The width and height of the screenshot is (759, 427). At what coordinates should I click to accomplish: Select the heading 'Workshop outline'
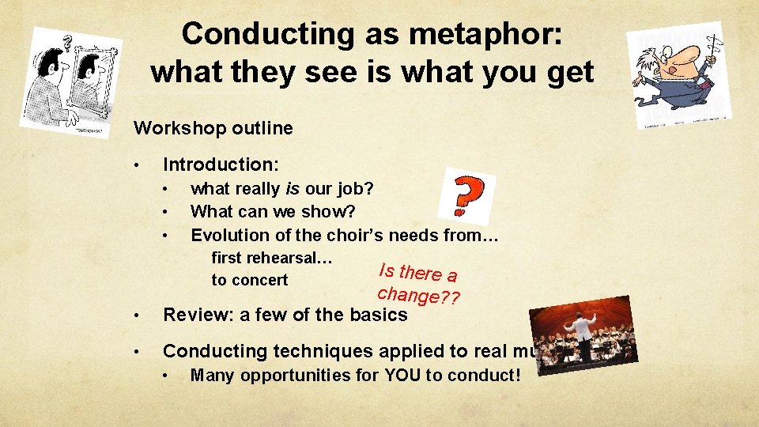(213, 127)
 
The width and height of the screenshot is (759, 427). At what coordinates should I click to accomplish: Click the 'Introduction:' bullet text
(221, 164)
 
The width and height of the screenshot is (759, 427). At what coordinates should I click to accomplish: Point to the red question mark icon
(467, 195)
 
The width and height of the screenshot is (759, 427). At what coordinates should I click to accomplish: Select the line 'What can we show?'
(273, 212)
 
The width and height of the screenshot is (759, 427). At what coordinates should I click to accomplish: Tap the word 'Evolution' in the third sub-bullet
(226, 235)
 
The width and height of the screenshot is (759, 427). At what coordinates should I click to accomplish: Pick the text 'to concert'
(249, 280)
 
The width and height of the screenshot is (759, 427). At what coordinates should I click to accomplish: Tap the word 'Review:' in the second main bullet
(198, 314)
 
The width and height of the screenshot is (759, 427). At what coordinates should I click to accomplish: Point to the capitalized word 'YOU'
(402, 375)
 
